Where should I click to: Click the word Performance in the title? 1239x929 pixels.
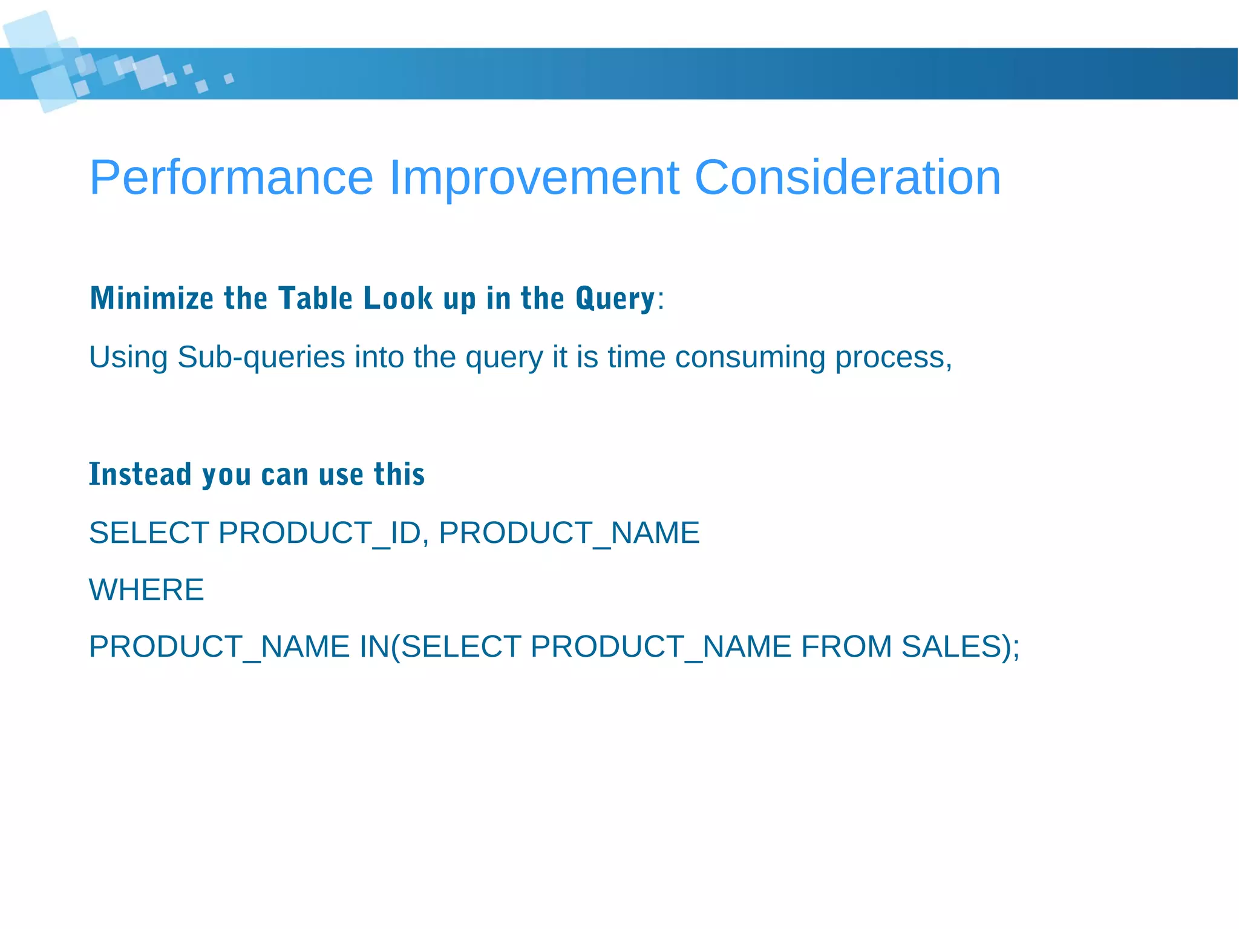click(x=231, y=177)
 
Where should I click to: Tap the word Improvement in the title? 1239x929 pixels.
click(x=534, y=177)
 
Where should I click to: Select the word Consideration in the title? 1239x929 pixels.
click(x=847, y=177)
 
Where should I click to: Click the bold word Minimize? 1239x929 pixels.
click(x=151, y=298)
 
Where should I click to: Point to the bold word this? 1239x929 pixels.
click(x=399, y=474)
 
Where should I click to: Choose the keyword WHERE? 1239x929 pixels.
click(x=146, y=590)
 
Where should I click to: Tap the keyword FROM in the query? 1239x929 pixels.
click(x=846, y=646)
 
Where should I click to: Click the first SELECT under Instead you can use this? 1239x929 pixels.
click(x=149, y=533)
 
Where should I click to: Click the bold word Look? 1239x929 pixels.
click(x=398, y=298)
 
